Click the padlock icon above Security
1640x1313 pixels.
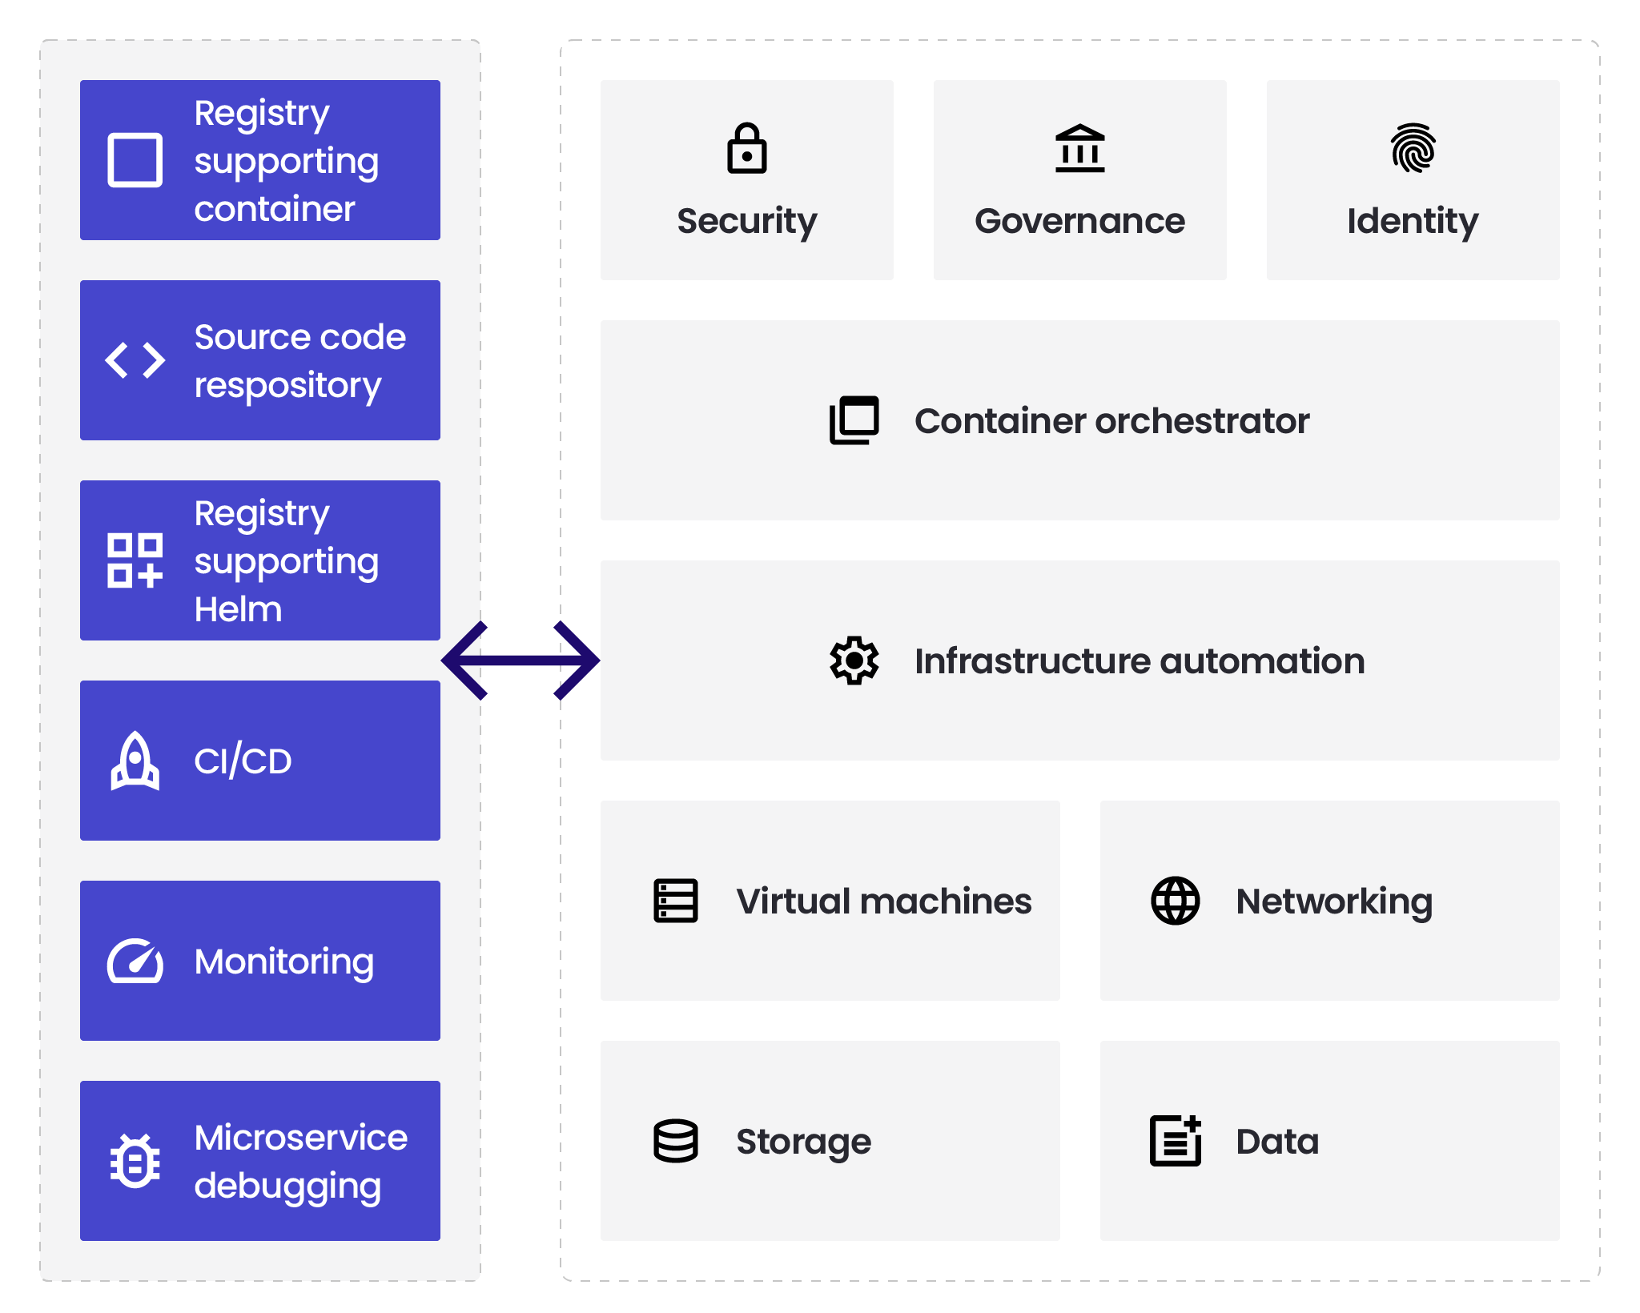(746, 149)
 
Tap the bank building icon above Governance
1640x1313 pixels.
(1079, 149)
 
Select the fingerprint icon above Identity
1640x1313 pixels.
(1413, 148)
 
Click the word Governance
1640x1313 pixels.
(1079, 221)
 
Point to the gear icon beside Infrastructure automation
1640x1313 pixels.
(854, 661)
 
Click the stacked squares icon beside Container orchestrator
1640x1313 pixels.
(854, 420)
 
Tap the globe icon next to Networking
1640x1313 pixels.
(1175, 901)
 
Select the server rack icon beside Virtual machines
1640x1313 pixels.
(675, 901)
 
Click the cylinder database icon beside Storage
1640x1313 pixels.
(675, 1141)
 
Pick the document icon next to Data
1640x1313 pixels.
(1175, 1141)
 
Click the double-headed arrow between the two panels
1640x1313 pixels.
(521, 661)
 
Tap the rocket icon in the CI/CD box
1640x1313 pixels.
(135, 761)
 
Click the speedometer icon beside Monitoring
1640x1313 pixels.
(135, 961)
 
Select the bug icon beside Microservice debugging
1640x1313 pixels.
(135, 1161)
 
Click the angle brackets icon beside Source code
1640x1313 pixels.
(135, 360)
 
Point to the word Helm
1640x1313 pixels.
(238, 610)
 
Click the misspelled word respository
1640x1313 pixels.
(287, 386)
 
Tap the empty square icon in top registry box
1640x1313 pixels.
(135, 160)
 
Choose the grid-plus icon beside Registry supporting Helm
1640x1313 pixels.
(135, 560)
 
